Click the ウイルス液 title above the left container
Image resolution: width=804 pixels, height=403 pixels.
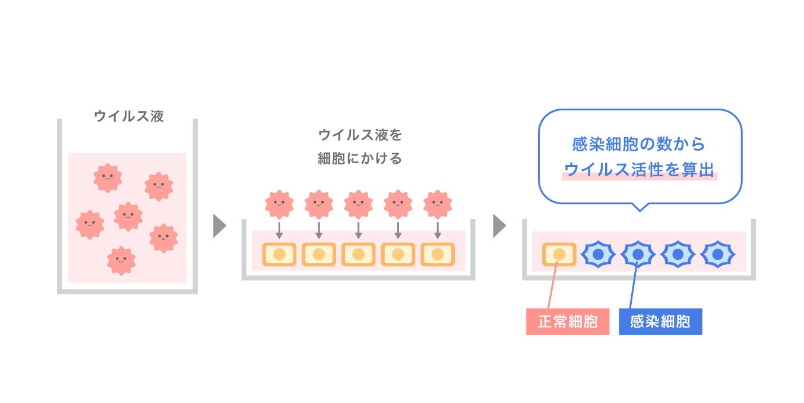pos(129,116)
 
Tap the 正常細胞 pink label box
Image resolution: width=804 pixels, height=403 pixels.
pos(567,322)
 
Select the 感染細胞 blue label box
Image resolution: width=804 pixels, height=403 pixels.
pos(660,322)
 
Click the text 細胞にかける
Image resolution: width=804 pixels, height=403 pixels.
pos(360,158)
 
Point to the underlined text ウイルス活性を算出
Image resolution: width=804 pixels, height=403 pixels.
pos(639,170)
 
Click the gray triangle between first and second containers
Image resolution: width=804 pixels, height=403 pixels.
pos(219,226)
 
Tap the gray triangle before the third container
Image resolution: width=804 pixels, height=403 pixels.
pos(499,226)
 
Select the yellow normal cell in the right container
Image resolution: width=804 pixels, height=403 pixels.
pos(559,255)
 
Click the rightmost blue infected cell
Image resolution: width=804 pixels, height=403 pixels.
pos(718,255)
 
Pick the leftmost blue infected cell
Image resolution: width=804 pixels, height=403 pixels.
pos(599,255)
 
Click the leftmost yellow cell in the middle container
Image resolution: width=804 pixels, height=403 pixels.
pos(280,255)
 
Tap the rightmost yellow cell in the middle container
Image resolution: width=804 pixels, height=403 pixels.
pos(438,255)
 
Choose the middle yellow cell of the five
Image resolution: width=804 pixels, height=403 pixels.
pos(359,255)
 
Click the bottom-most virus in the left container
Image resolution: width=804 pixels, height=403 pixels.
pos(121,261)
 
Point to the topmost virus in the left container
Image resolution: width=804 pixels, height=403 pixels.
pos(107,177)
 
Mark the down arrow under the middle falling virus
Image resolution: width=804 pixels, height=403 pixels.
pos(359,230)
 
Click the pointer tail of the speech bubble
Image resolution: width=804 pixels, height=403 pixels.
pos(639,207)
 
